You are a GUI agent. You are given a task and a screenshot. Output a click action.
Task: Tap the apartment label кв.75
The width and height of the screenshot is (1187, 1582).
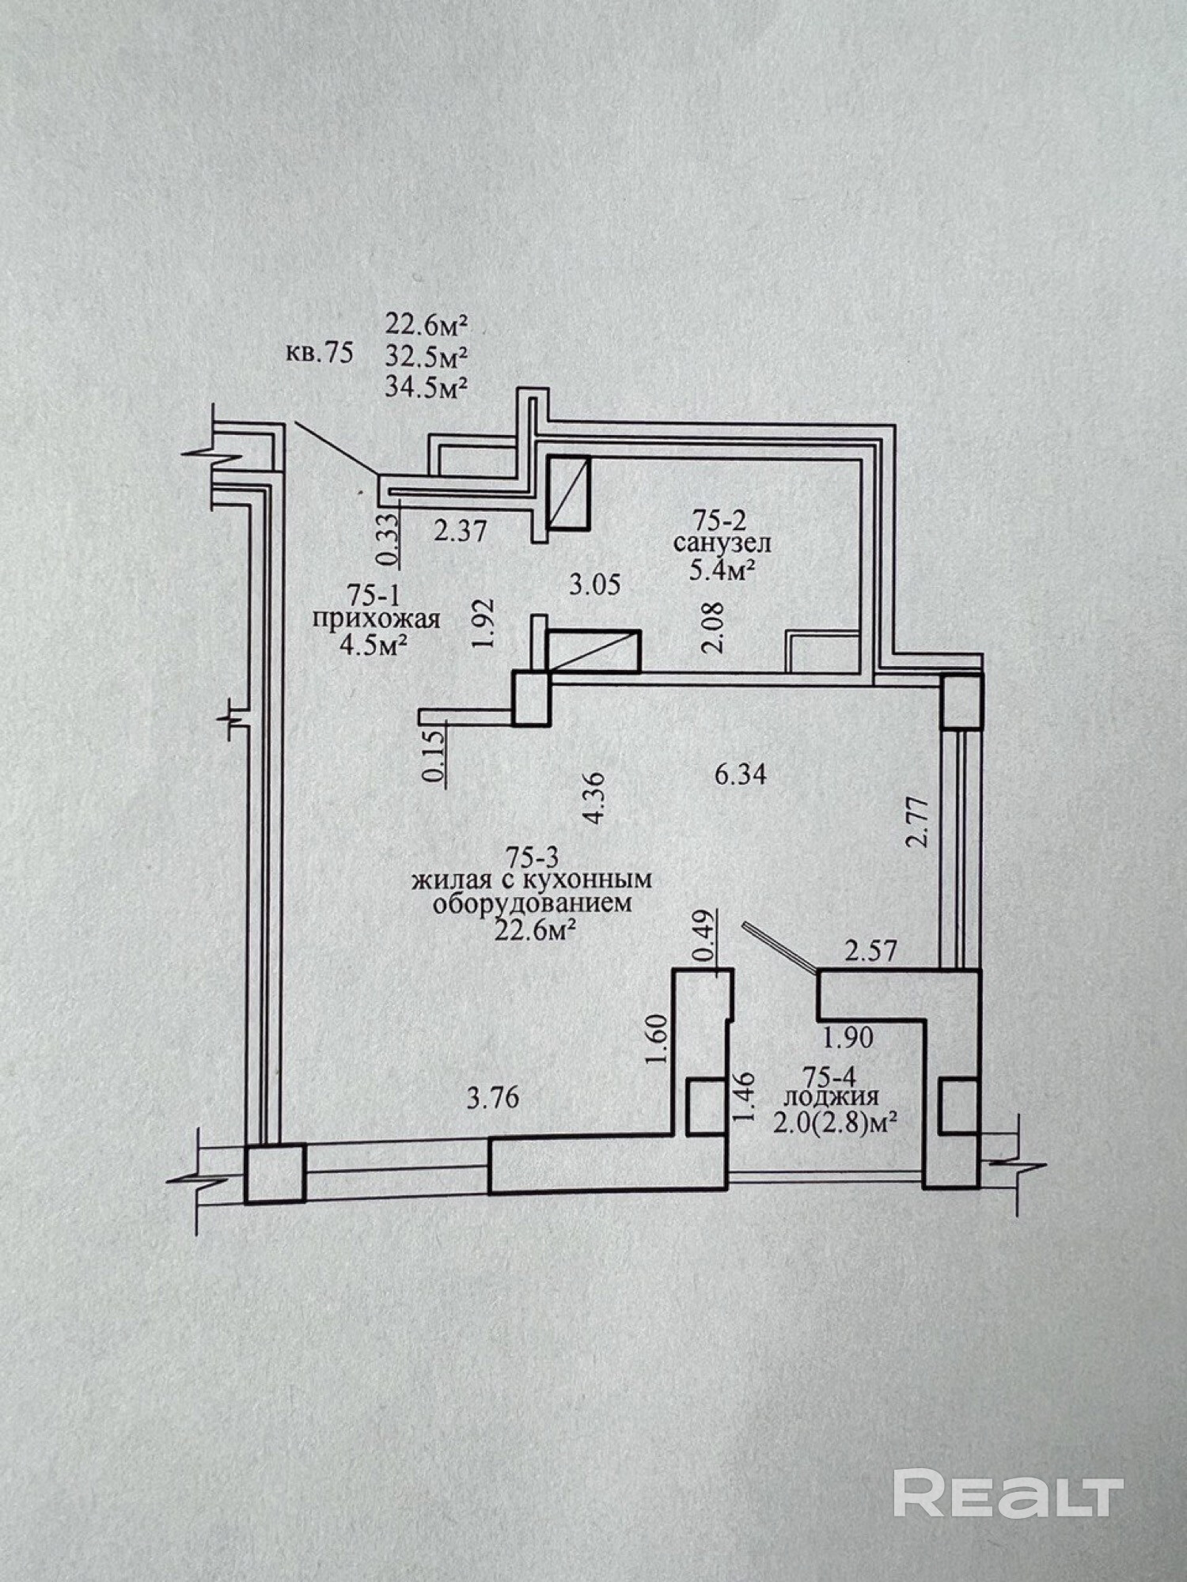tap(319, 353)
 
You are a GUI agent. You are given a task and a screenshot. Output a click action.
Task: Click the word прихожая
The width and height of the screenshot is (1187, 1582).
tap(376, 619)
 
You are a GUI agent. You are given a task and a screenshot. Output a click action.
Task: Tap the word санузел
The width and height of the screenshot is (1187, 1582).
tap(722, 543)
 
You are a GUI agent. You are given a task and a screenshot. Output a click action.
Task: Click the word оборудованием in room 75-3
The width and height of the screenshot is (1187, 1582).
tap(533, 903)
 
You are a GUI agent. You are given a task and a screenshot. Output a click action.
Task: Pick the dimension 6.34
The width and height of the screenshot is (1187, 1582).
tap(741, 774)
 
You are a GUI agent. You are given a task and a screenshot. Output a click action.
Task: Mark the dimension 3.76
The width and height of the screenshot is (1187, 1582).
tap(492, 1099)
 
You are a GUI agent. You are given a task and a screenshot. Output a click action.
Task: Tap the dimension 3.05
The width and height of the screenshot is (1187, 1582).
tap(595, 585)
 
